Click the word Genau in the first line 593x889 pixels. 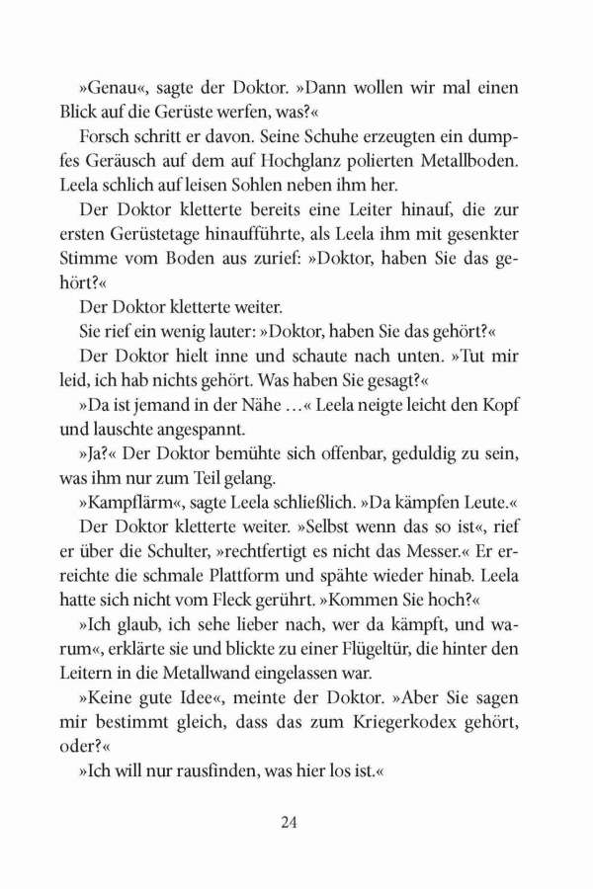(x=110, y=89)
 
